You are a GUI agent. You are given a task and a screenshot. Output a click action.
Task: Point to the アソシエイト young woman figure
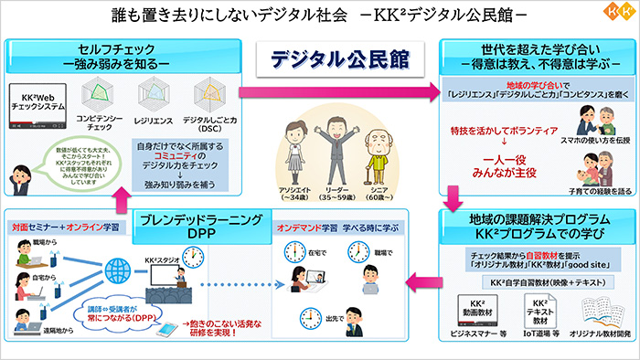point(293,145)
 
